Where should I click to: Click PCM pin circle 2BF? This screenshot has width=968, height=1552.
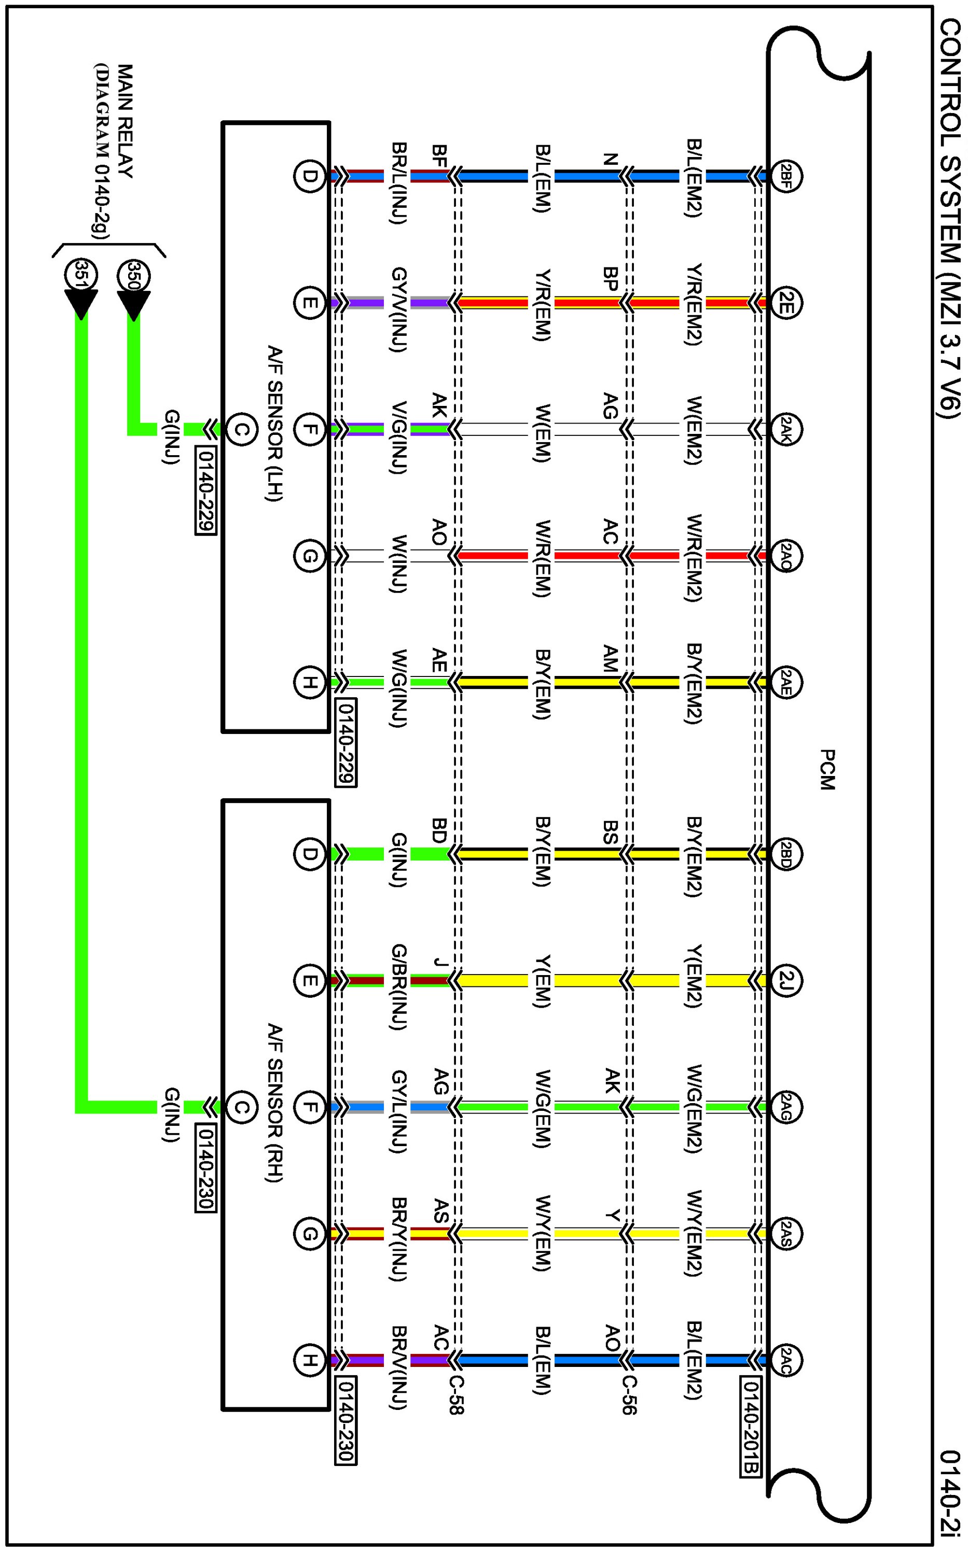click(785, 176)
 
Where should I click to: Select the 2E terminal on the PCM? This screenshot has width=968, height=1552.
click(785, 303)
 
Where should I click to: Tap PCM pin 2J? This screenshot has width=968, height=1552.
click(785, 980)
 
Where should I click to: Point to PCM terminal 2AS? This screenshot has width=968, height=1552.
click(785, 1233)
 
